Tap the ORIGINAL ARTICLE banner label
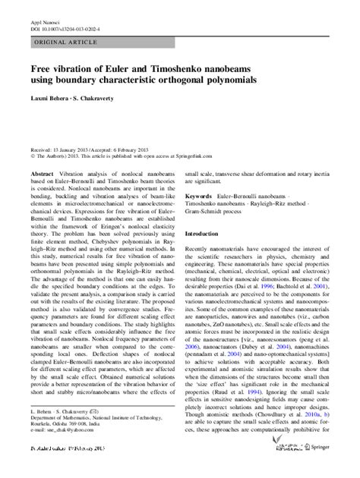63,44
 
